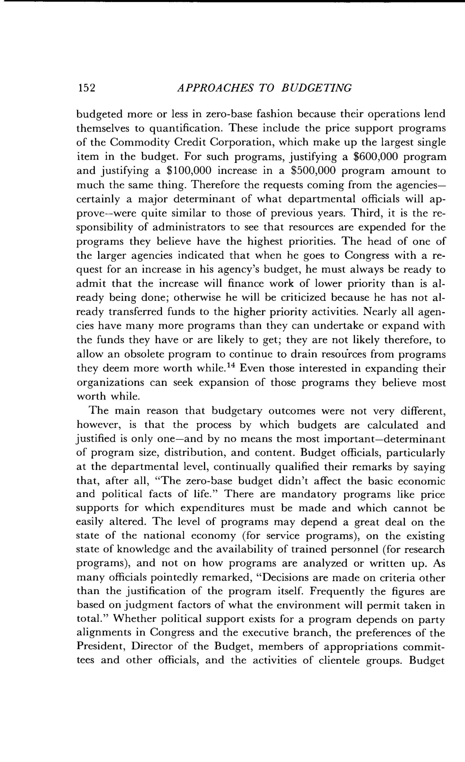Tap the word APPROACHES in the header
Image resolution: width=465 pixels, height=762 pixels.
(x=215, y=88)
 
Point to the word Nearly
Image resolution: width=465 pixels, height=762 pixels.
(x=380, y=312)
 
